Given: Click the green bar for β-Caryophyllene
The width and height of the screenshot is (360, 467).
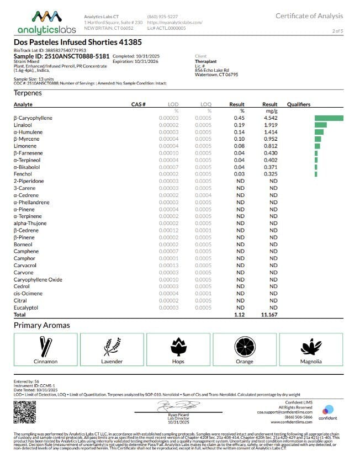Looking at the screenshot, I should (329, 118).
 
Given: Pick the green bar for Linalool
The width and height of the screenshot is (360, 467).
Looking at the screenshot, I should (320, 125).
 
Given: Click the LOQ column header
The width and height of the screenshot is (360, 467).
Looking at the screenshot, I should (206, 104).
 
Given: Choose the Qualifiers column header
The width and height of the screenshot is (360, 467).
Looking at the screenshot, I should (299, 104).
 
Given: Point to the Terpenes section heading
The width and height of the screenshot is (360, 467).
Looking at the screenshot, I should (28, 93).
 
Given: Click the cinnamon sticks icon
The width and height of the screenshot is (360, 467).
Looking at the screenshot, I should (45, 346).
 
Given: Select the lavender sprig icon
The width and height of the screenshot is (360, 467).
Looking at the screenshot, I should (112, 346).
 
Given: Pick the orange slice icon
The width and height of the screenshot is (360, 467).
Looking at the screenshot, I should (244, 346).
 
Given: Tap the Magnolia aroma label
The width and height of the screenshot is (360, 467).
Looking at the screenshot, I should (310, 362).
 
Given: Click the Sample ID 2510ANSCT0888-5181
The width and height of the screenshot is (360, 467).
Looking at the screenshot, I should (61, 56).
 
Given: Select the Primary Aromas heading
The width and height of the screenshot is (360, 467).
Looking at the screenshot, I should (42, 325).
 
